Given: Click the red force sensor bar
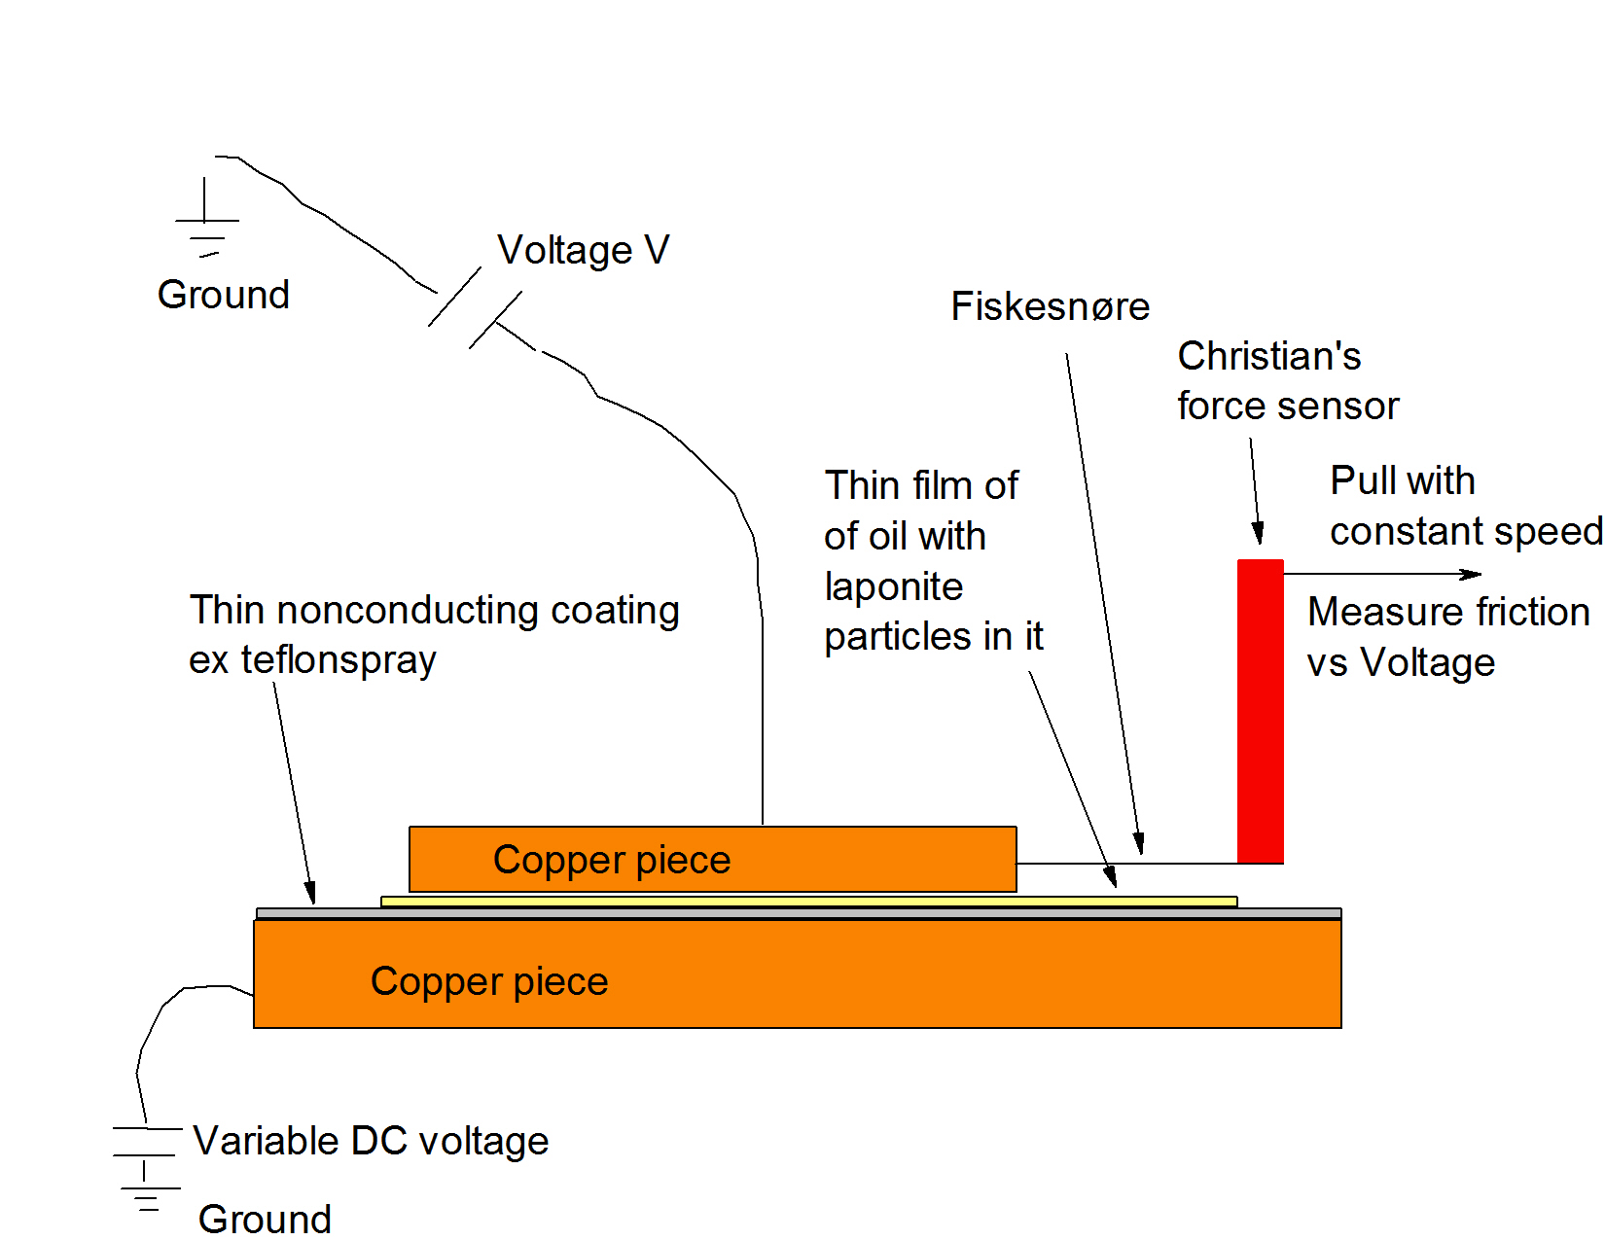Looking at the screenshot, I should [x=1260, y=711].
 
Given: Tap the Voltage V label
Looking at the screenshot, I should [x=583, y=250].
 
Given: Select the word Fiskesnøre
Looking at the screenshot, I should [x=1050, y=306].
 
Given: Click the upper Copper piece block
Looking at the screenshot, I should [x=712, y=859].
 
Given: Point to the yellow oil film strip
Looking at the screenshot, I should [x=808, y=902].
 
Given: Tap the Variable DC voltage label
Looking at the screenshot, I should [x=371, y=1141].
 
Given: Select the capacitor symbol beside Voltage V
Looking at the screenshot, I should [x=475, y=307].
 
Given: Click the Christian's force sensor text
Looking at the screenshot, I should [x=1287, y=380].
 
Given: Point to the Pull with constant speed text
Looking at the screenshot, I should [x=1465, y=506].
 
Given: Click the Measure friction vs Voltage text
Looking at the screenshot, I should [x=1447, y=637].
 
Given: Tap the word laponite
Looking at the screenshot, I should [x=893, y=586].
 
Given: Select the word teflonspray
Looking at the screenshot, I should [x=339, y=660].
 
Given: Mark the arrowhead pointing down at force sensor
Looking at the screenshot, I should [x=1258, y=533].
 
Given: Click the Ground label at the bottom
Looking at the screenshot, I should [x=265, y=1219].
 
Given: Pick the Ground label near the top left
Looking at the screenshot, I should [x=224, y=295].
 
